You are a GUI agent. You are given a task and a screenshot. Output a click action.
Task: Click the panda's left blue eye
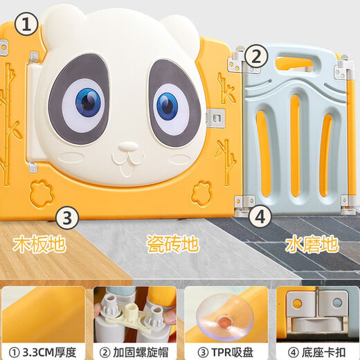click(x=87, y=102)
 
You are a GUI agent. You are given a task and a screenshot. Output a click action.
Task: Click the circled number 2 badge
click(x=257, y=57)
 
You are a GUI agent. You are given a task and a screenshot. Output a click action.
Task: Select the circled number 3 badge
click(x=65, y=218)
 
